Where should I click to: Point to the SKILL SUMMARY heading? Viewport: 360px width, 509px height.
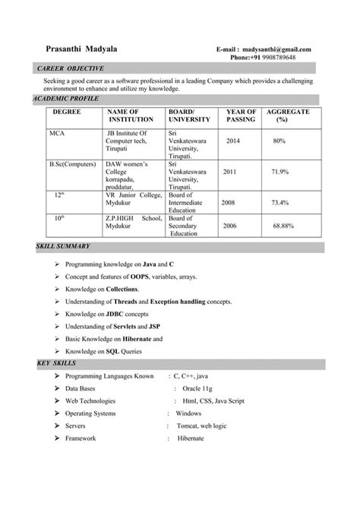[63, 247]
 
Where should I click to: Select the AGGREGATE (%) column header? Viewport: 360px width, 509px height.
[287, 115]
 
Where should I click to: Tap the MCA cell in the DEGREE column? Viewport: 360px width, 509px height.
[57, 132]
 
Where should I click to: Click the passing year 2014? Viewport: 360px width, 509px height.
[232, 141]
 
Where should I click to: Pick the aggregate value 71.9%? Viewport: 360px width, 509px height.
[279, 172]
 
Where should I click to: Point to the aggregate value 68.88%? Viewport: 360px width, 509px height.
[283, 226]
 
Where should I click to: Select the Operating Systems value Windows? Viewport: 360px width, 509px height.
[188, 413]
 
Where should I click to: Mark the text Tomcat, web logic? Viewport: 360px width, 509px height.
[203, 426]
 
